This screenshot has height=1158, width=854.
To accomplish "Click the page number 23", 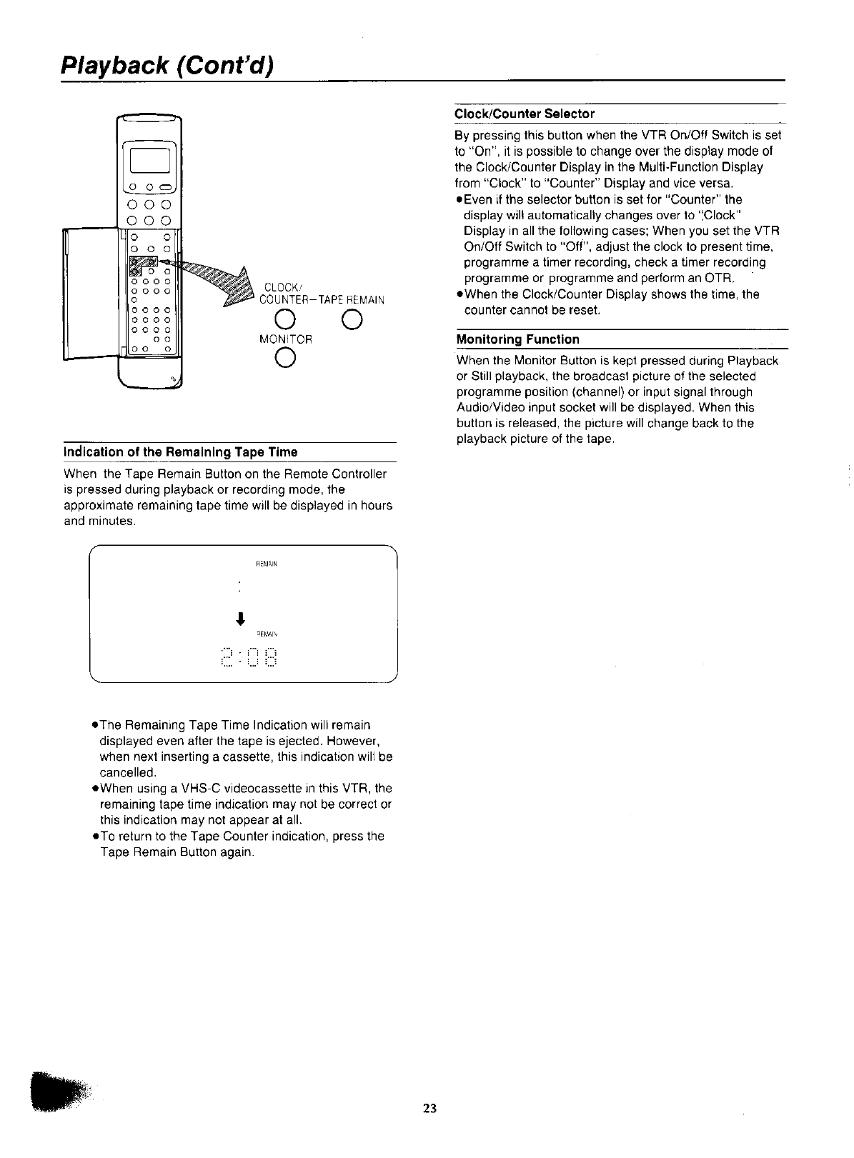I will pyautogui.click(x=429, y=1109).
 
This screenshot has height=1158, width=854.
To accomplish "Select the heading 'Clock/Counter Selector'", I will pyautogui.click(x=525, y=114).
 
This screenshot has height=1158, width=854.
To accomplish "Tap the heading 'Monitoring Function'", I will pyautogui.click(x=517, y=339).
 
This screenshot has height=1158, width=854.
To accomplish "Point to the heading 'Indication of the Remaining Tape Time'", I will pyautogui.click(x=181, y=452).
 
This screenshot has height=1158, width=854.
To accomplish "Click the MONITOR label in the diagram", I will pyautogui.click(x=285, y=339).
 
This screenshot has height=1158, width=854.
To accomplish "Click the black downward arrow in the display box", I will pyautogui.click(x=241, y=618).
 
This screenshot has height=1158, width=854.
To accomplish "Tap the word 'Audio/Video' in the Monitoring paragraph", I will pyautogui.click(x=487, y=408).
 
